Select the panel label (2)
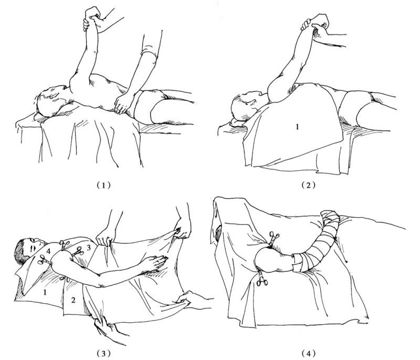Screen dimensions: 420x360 (x=308, y=185)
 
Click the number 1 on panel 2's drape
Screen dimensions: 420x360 (x=297, y=127)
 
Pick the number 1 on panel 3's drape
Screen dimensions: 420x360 (x=45, y=292)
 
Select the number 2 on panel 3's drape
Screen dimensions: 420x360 (x=73, y=300)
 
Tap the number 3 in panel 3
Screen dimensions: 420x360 (x=89, y=248)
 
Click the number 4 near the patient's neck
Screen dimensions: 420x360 (x=48, y=251)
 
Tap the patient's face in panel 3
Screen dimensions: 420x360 (x=34, y=246)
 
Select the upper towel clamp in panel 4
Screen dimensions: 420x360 (x=274, y=238)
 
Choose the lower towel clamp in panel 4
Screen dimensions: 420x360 (x=260, y=279)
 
